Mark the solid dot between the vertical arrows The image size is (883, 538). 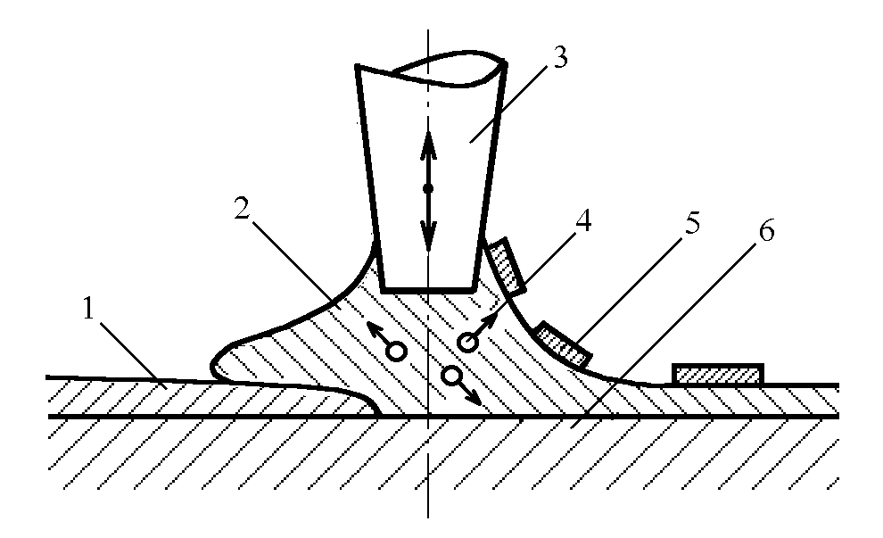(428, 188)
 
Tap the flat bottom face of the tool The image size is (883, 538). (427, 290)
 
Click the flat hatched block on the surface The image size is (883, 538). (718, 374)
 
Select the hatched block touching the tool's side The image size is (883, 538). (506, 266)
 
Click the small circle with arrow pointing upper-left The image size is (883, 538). (398, 352)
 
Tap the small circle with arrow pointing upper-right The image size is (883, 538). (465, 342)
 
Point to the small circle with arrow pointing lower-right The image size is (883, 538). (451, 376)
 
